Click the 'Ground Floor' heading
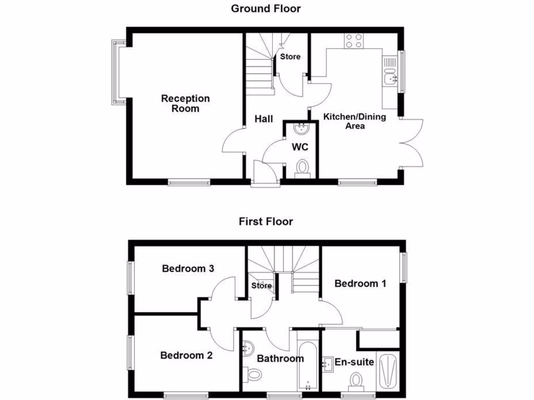[x=266, y=8]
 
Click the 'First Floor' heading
[x=266, y=221]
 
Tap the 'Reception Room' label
[x=185, y=103]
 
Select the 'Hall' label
[x=264, y=119]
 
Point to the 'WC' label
[x=300, y=147]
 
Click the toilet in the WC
[x=302, y=169]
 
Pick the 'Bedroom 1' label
[x=360, y=284]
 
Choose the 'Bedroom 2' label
[x=186, y=356]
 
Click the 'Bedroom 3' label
[x=188, y=269]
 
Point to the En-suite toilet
[x=357, y=381]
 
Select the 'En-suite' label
[x=354, y=361]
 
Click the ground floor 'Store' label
[x=290, y=56]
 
